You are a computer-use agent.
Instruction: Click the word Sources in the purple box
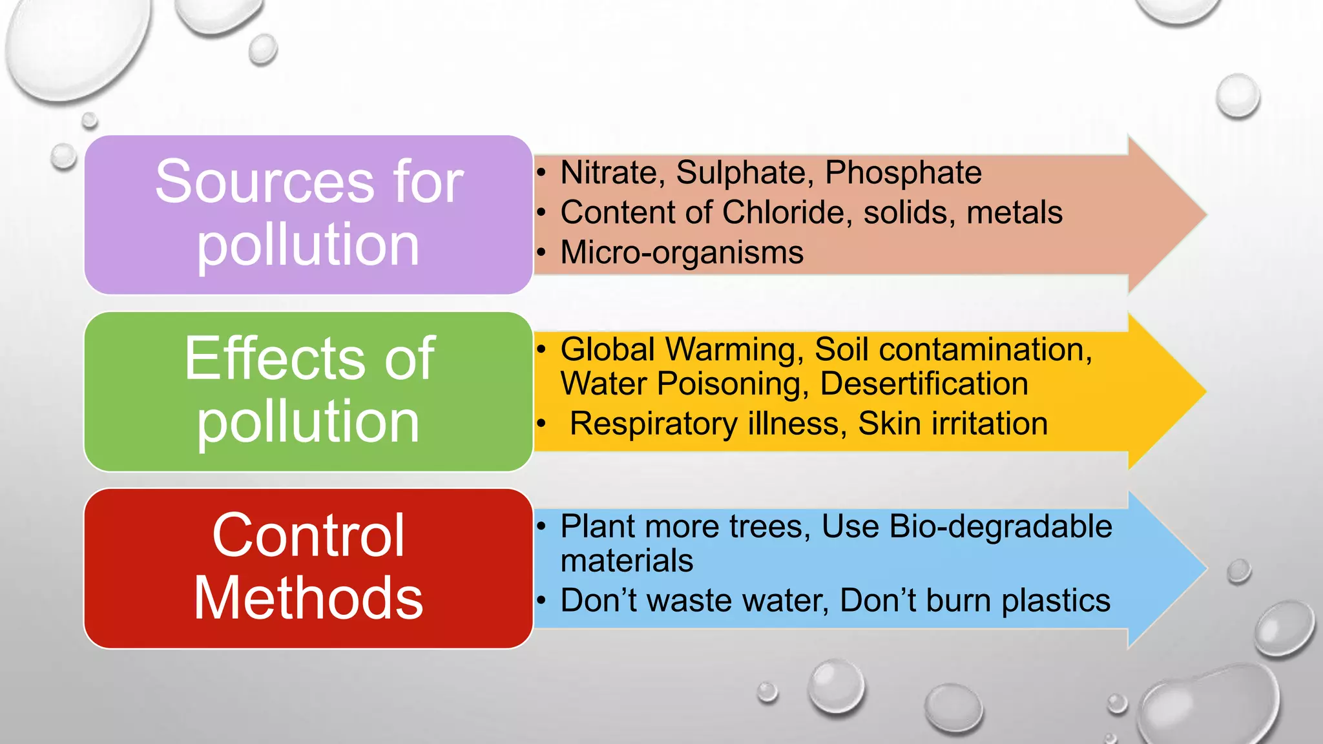pyautogui.click(x=264, y=182)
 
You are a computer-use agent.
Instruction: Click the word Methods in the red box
pyautogui.click(x=308, y=598)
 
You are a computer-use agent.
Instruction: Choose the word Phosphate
pyautogui.click(x=903, y=173)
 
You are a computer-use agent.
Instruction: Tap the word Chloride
pyautogui.click(x=787, y=212)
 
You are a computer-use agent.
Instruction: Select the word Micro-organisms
pyautogui.click(x=682, y=253)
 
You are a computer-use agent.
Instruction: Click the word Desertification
pyautogui.click(x=924, y=384)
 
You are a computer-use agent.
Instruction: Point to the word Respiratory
pyautogui.click(x=653, y=424)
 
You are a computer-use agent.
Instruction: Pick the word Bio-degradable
pyautogui.click(x=1001, y=526)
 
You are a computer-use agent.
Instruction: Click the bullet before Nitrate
pyautogui.click(x=541, y=173)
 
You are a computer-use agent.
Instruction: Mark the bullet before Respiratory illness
pyautogui.click(x=541, y=424)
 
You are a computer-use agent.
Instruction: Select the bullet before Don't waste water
pyautogui.click(x=541, y=601)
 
